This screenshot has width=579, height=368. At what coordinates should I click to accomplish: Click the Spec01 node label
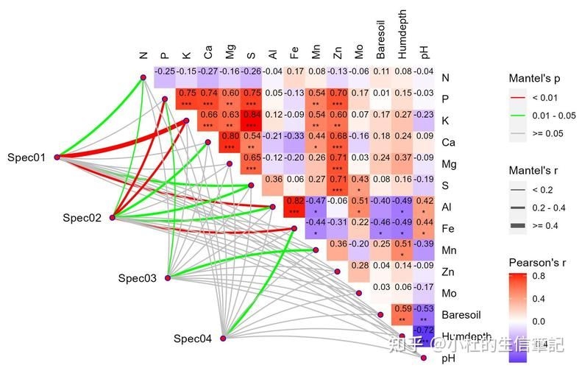[x=26, y=157]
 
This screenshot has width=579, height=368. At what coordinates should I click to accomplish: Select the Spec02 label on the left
[x=82, y=217]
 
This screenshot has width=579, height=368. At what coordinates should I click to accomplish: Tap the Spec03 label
[x=138, y=278]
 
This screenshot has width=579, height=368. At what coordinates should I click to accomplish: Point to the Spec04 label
[x=193, y=339]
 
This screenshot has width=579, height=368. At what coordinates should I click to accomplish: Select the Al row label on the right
[x=447, y=207]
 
